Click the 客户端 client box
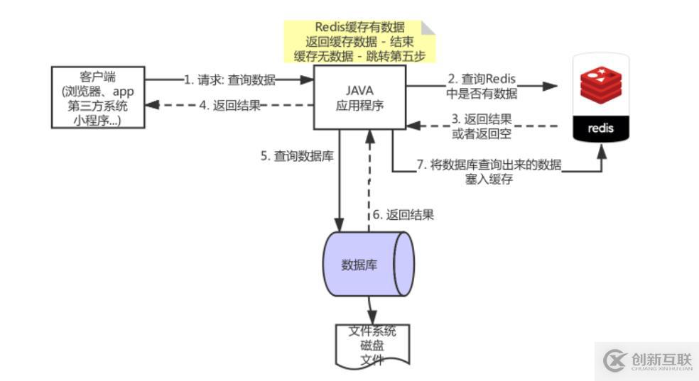coord(98,97)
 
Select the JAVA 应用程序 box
coord(359,97)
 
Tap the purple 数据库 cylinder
coord(368,264)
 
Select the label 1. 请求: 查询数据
coord(229,80)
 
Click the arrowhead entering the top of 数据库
coord(340,224)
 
